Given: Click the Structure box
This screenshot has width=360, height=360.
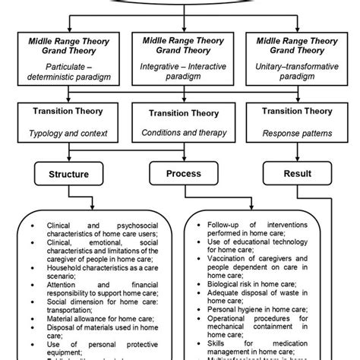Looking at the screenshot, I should click(69, 174).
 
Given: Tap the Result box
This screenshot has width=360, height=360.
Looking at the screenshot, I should click(297, 173).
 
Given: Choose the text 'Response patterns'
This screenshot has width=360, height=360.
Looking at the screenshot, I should click(296, 133).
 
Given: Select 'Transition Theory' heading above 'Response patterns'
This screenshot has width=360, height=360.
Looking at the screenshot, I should click(296, 111).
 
